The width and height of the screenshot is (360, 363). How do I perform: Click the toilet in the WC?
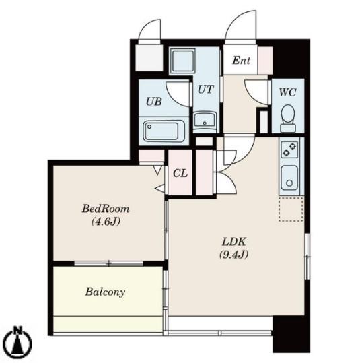pos(288,119)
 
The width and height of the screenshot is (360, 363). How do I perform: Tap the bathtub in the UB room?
pos(164,131)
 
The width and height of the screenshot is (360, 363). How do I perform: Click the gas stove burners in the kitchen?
pos(289,150)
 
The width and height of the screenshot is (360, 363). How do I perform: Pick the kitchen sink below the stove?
pos(289,177)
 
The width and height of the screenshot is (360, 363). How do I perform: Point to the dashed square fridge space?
pos(291,209)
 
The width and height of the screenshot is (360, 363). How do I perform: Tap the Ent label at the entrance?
pos(242,61)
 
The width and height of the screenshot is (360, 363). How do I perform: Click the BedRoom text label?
pos(106,209)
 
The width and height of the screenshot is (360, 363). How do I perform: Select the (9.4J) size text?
pos(233,255)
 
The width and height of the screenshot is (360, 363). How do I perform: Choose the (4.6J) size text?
pos(106,222)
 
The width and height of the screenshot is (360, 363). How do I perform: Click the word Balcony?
pos(105,292)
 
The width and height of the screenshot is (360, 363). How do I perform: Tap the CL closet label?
pos(180,173)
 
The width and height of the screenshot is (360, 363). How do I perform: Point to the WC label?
pos(287,92)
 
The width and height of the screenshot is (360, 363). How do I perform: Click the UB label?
pos(154,102)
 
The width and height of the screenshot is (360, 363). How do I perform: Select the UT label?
pos(205,90)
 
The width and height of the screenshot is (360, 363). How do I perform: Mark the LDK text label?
pos(233,242)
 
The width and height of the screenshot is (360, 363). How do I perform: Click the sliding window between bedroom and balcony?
pos(109,263)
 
